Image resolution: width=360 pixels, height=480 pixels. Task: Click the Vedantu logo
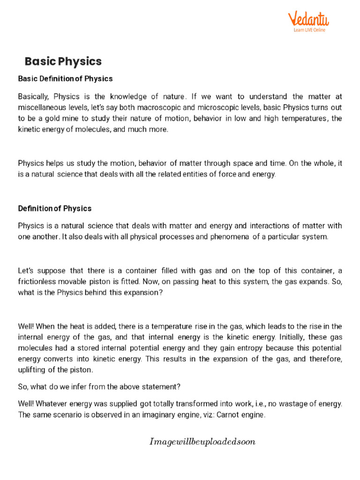point(308,19)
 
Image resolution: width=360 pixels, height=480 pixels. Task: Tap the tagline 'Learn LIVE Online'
point(309,30)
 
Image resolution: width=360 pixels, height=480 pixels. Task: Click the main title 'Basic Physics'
point(63,61)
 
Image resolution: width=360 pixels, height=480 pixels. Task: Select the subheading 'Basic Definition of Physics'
point(65,79)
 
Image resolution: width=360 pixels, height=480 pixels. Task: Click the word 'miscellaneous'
point(41,108)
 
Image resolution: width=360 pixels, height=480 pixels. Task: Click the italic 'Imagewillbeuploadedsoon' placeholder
point(202,442)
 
